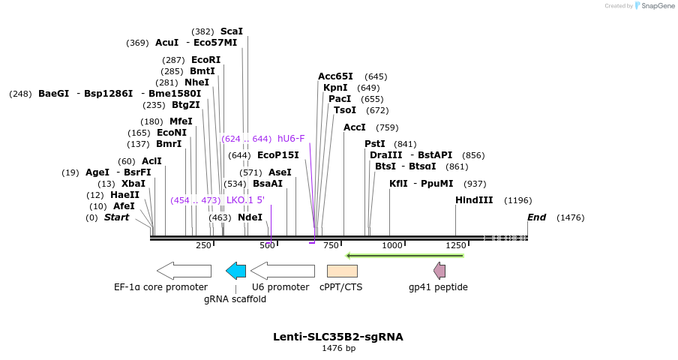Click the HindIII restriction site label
474,200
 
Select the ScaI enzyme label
232,31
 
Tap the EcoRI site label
206,60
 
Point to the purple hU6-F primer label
291,139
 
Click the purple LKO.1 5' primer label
245,200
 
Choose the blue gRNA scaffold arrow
236,271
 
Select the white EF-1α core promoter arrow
184,271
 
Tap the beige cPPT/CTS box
342,271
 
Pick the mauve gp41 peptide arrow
439,271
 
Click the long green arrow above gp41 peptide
405,256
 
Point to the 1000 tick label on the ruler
391,245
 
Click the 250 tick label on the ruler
203,245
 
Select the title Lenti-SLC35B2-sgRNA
338,337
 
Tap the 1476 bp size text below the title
338,348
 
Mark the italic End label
536,217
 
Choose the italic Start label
116,217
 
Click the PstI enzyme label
375,144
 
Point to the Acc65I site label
335,76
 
